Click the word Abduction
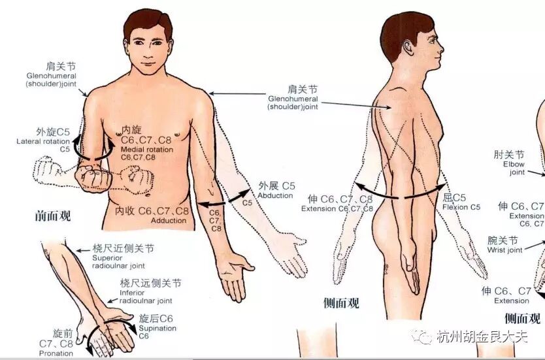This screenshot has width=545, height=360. [x=275, y=195]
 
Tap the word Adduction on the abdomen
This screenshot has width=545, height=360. [x=169, y=220]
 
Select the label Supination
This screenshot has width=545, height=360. [x=157, y=328]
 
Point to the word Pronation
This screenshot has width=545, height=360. [x=56, y=353]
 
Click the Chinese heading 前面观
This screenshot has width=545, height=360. [x=52, y=216]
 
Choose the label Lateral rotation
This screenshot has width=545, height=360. [x=43, y=141]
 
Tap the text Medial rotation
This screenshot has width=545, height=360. [x=147, y=150]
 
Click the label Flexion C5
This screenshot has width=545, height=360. [x=461, y=207]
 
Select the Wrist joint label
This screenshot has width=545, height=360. [x=504, y=250]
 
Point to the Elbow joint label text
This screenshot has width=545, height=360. [x=514, y=168]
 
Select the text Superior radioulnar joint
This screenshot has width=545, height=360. [x=118, y=262]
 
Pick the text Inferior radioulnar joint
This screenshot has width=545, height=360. [x=146, y=297]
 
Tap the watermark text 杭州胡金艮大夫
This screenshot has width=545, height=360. [x=482, y=336]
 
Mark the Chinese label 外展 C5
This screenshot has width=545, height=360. [x=276, y=186]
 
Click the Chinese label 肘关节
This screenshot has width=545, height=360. [x=509, y=154]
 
